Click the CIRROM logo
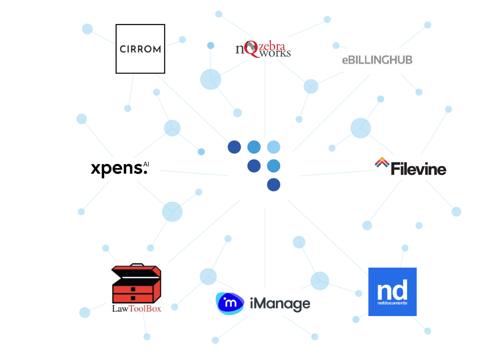click(140, 49)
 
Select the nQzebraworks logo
click(266, 49)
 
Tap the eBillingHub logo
click(377, 60)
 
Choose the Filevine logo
click(411, 168)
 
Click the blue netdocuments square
click(392, 292)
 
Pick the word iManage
click(280, 304)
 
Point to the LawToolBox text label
click(136, 308)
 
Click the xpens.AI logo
click(120, 169)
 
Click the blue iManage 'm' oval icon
click(230, 303)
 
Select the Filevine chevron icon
click(382, 162)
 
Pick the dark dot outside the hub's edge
click(234, 147)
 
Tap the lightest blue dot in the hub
click(274, 147)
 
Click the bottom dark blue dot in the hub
click(274, 185)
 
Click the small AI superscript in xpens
click(146, 164)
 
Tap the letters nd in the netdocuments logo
click(392, 290)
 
